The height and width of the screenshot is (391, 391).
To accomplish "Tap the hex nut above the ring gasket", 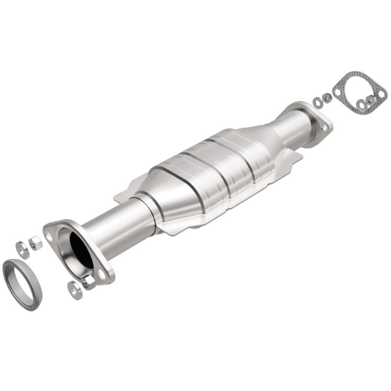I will [x=36, y=242].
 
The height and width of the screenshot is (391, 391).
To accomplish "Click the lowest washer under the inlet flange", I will [x=75, y=290].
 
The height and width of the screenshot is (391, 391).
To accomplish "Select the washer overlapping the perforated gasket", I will [x=361, y=105].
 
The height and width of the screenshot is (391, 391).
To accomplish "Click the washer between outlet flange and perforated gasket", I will [x=318, y=103].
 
